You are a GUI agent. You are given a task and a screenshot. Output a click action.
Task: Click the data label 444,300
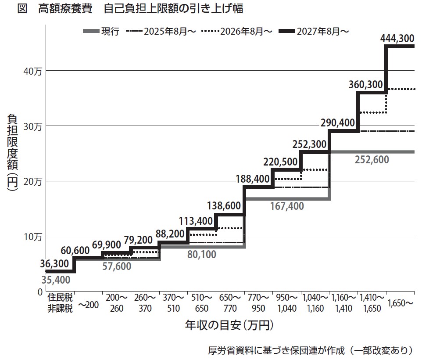pos(397,39)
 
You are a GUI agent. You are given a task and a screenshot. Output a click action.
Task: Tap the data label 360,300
pos(366,85)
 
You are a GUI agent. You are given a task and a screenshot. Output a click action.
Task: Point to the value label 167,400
pos(286,206)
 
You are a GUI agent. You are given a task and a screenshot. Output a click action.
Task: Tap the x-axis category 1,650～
pos(400,303)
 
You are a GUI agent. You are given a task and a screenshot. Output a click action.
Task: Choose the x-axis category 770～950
pos(258,303)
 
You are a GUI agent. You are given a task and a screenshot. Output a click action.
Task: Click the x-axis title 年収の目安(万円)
pos(229,325)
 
